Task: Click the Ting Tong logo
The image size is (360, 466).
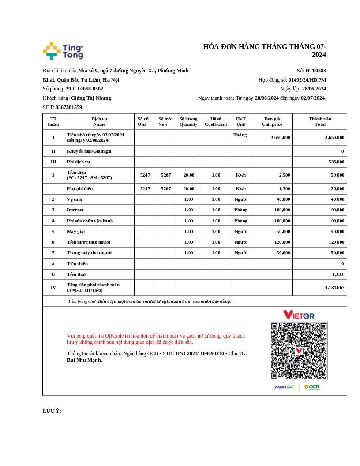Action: [63, 51]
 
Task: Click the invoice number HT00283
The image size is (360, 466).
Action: [315, 71]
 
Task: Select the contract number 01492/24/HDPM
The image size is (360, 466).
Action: [307, 80]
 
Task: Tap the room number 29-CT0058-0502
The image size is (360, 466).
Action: [84, 89]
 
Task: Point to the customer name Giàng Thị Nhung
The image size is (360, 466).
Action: [91, 98]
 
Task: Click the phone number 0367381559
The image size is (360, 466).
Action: [68, 107]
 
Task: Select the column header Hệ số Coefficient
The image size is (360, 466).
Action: [216, 121]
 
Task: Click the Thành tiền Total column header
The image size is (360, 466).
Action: [320, 121]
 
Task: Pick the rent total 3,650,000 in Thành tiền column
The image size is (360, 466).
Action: [334, 137]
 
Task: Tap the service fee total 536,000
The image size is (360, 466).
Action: [336, 162]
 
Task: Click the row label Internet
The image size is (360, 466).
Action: [75, 210]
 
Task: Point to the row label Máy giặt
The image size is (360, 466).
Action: [76, 231]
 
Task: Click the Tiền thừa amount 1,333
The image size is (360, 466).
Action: [337, 274]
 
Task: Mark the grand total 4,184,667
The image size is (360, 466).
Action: [334, 287]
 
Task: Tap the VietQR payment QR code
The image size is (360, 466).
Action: [299, 351]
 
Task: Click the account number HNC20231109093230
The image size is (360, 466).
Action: [200, 353]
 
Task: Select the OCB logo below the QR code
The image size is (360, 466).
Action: [311, 387]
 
